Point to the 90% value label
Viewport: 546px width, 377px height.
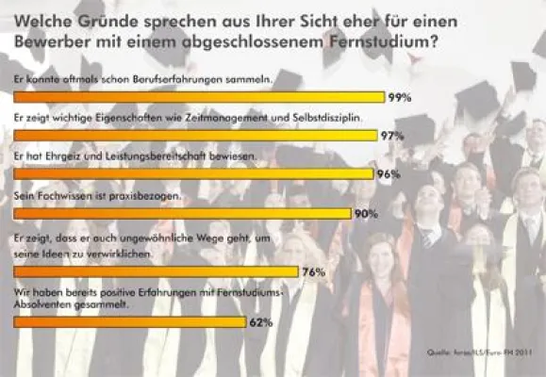coord(366,214)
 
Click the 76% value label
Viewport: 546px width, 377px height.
coord(314,272)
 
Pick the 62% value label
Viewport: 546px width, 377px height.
coord(261,322)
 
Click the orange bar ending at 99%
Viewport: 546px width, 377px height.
coord(198,97)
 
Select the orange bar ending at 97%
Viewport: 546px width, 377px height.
coord(194,136)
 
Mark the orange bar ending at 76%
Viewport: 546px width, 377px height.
coord(156,272)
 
